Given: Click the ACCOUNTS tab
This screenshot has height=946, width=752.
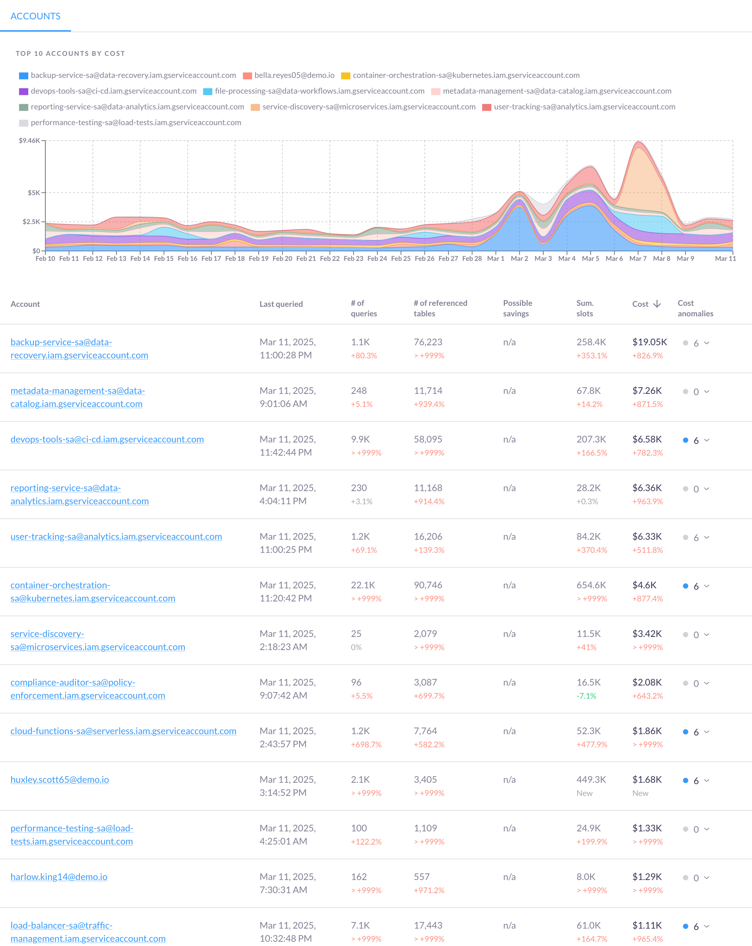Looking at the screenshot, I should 35,16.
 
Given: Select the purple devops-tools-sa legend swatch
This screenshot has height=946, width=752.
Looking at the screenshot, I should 23,91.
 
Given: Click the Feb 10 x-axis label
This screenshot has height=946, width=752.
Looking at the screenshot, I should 45,259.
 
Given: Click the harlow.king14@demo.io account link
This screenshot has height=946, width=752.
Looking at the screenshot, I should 59,877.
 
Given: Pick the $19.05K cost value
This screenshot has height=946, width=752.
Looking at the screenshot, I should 649,342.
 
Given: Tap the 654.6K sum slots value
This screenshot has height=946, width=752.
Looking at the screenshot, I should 591,585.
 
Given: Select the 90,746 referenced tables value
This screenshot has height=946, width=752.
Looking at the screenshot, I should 428,585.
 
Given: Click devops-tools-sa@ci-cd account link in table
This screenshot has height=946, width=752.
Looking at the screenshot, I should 107,439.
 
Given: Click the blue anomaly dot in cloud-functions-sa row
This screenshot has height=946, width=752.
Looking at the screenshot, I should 685,732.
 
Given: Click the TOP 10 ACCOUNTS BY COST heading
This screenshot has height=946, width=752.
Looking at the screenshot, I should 70,54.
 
